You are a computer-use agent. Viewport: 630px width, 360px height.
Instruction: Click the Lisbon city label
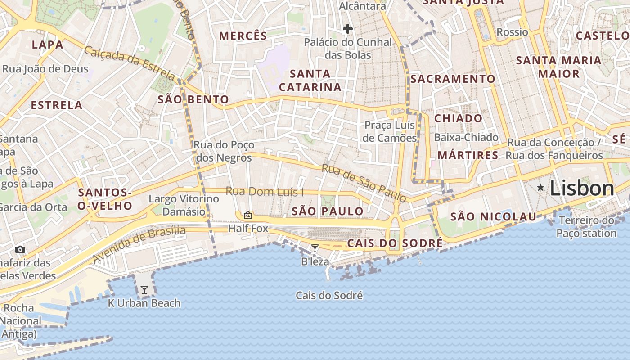(582, 189)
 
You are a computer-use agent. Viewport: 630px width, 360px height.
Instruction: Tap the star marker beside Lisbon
(540, 187)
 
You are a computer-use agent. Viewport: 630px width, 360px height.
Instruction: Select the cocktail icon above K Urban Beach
(144, 290)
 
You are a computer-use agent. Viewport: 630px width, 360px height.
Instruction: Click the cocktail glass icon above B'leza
(315, 248)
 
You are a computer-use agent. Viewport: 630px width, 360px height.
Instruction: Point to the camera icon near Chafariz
(20, 249)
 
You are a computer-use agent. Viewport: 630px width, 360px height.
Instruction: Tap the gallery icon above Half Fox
(247, 215)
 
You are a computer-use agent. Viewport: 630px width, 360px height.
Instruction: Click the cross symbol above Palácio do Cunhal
(347, 29)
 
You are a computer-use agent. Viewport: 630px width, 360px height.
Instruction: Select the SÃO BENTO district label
(193, 100)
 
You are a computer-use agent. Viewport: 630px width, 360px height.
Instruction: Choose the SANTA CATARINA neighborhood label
(310, 80)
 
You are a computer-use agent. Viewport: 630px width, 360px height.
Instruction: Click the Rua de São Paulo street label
(364, 183)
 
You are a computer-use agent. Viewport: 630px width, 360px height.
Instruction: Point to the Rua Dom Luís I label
(265, 192)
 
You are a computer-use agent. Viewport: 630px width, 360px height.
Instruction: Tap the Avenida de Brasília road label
(139, 244)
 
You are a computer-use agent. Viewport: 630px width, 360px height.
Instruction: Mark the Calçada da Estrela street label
(129, 63)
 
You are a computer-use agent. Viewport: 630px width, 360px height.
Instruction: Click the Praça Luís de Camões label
(390, 131)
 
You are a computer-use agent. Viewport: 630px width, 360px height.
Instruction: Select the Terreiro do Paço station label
(586, 227)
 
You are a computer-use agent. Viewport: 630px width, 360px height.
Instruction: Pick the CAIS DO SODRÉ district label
(395, 244)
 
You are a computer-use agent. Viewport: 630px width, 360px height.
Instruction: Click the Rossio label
(512, 32)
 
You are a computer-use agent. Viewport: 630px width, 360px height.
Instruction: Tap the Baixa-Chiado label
(466, 138)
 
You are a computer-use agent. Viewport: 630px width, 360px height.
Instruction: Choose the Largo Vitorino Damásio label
(184, 205)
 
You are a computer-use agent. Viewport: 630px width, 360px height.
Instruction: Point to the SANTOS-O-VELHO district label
(105, 199)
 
